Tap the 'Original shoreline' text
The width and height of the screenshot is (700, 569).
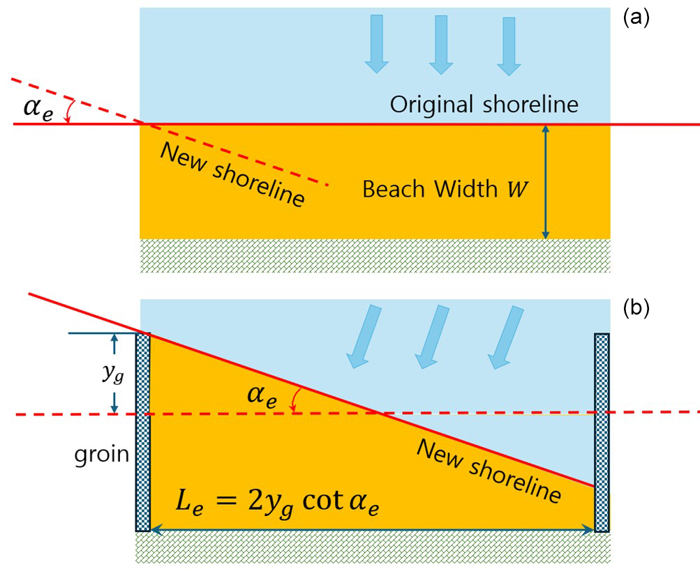[x=484, y=105]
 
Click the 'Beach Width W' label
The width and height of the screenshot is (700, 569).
[x=440, y=190]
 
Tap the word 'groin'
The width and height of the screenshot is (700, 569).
[x=102, y=455]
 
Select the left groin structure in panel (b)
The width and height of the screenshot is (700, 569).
[x=142, y=432]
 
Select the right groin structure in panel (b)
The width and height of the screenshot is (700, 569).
[x=602, y=432]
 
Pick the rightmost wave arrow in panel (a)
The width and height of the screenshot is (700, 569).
[x=508, y=46]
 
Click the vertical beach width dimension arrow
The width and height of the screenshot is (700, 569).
[x=546, y=181]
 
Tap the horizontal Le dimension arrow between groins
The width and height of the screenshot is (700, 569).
[x=372, y=530]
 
